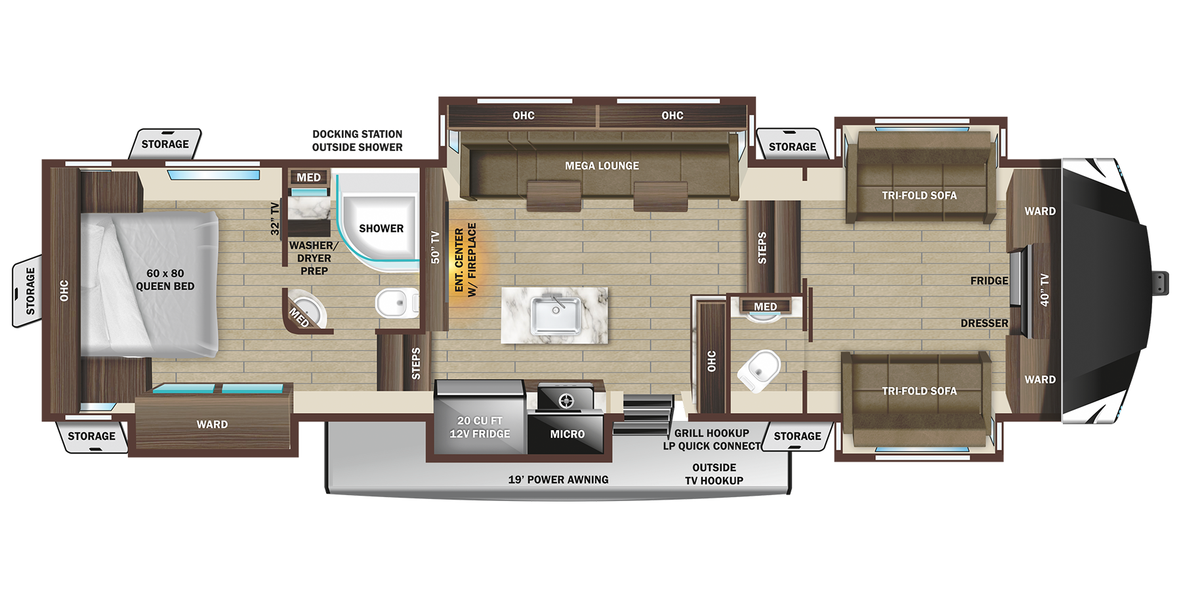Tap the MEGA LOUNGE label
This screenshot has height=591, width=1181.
coord(602,166)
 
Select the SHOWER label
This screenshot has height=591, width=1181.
coord(381,229)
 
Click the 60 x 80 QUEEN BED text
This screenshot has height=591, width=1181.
coord(165,280)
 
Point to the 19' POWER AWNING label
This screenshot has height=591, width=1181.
coord(558,480)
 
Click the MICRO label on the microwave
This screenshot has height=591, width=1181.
coord(567,434)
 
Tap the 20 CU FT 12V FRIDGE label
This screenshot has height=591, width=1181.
coord(480,427)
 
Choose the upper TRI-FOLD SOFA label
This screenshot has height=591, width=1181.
coord(919,196)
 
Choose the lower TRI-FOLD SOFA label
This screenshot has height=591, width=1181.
coord(919,391)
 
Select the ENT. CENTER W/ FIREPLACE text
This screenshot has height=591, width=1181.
coord(465,260)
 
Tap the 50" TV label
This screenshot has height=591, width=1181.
coord(435,247)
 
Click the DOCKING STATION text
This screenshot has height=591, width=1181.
coord(357,134)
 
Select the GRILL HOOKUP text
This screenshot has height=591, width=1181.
coord(711,433)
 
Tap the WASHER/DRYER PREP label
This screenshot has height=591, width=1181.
coord(314,258)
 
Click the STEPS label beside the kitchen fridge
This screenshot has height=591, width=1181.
coord(415,364)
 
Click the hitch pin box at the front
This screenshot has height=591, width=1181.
coord(1161,283)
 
